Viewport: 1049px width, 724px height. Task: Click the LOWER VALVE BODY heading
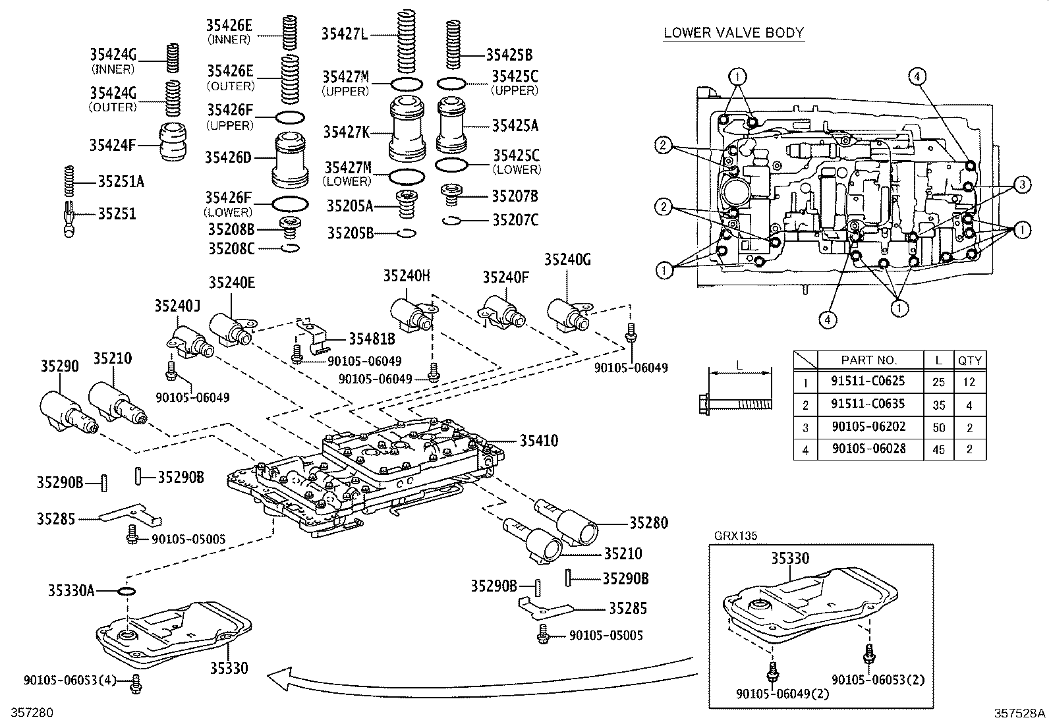[733, 32]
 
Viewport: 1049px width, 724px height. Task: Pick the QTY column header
[969, 360]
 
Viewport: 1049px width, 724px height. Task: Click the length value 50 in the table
[938, 427]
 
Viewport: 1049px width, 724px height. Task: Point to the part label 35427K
[347, 132]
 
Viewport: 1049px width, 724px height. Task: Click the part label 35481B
[372, 339]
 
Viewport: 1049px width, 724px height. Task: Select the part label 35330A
[71, 590]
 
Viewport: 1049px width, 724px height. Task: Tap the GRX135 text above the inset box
[736, 536]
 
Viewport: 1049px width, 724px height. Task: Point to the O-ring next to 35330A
[127, 591]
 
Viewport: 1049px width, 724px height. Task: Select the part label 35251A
[120, 181]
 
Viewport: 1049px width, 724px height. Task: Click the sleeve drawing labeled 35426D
[291, 159]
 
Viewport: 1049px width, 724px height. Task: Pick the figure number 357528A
[1019, 713]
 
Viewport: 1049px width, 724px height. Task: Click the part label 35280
[648, 522]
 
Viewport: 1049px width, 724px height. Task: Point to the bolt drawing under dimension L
[735, 402]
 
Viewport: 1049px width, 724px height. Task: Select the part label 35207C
[515, 219]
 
